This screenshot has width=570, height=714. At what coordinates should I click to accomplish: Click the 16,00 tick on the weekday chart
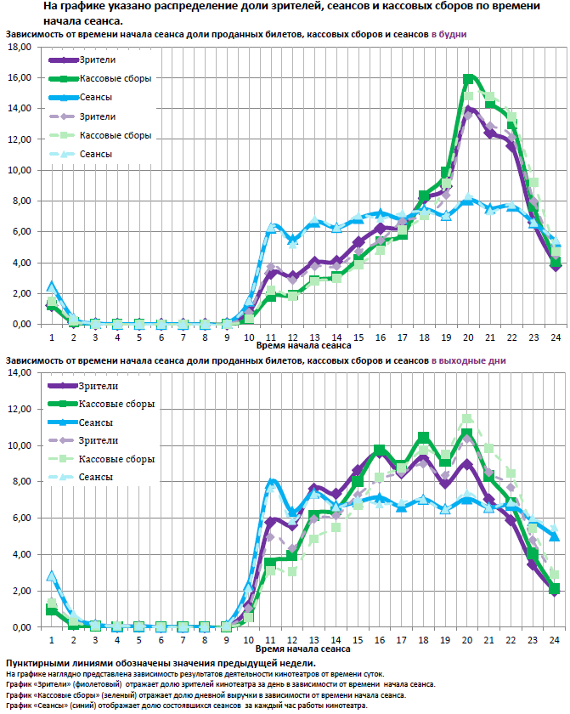[x=20, y=77]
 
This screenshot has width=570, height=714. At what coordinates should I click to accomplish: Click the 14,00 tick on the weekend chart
[x=20, y=372]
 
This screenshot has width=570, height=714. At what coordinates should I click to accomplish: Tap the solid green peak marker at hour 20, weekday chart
[x=468, y=79]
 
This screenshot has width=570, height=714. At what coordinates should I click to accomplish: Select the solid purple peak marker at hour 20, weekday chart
[x=469, y=109]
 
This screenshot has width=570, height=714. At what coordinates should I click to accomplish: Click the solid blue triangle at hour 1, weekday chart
[x=51, y=286]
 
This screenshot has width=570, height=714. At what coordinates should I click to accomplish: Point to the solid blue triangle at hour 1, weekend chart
[x=51, y=576]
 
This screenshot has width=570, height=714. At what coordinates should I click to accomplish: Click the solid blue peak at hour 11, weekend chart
[x=272, y=482]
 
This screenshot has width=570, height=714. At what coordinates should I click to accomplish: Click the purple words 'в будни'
[x=449, y=34]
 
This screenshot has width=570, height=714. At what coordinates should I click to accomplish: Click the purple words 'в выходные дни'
[x=468, y=360]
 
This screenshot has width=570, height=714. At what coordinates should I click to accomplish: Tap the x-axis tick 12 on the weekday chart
[x=293, y=336]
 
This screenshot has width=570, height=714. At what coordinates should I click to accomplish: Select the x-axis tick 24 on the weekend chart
[x=553, y=638]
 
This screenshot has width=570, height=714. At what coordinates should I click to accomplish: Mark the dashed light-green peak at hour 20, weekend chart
[x=467, y=419]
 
